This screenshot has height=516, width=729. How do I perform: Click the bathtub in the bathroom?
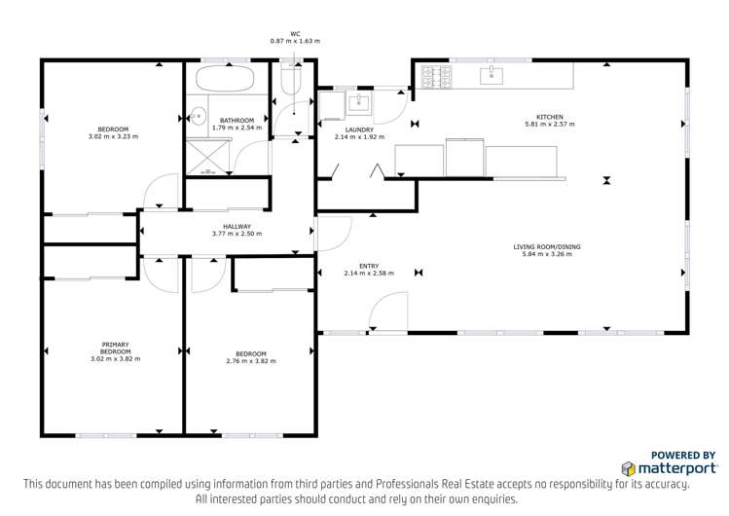[x=226, y=79]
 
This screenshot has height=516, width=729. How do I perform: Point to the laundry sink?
[x=359, y=101]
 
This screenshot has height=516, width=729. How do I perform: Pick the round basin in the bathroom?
[x=198, y=116]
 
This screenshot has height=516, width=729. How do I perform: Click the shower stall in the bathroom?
[x=208, y=153]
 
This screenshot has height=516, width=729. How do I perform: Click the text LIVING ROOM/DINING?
[x=547, y=247]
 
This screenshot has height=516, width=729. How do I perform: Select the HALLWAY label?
[x=237, y=227]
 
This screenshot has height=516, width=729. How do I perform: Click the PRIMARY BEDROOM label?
[x=115, y=348]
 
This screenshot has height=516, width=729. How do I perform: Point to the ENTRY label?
[x=369, y=266]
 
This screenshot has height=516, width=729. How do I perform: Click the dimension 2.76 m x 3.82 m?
[x=250, y=361]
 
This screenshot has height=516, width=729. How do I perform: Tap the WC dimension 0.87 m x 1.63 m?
[x=295, y=41]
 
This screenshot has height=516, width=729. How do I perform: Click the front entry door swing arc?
[x=387, y=311]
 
